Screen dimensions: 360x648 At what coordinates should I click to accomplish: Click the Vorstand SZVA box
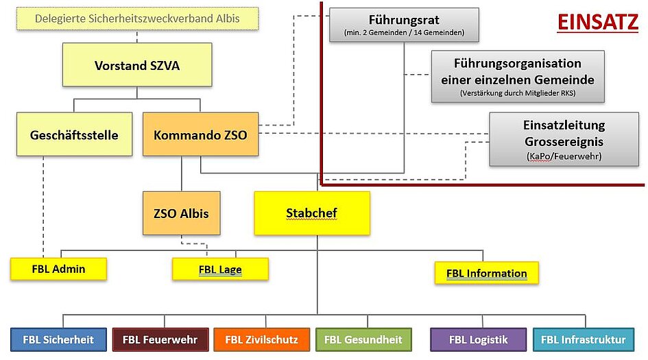137,65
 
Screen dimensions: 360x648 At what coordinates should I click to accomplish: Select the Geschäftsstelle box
74,134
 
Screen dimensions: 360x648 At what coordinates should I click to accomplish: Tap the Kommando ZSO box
200,134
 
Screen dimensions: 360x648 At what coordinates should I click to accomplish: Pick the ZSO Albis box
181,213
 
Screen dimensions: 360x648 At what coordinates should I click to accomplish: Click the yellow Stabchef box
311,213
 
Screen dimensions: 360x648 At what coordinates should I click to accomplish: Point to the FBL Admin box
58,269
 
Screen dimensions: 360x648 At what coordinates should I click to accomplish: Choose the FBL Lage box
220,269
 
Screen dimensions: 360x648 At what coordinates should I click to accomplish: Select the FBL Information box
486,273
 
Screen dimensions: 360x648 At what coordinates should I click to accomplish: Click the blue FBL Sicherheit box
58,339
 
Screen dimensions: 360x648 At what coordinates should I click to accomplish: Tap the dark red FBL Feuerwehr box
160,339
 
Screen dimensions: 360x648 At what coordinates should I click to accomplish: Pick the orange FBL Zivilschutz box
261,339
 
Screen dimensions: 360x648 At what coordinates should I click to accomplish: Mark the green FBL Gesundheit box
363,339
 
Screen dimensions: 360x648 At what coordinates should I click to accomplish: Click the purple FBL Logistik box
477,339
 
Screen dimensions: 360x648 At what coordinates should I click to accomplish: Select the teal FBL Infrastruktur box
583,339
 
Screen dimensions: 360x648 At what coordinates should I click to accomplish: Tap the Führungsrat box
404,25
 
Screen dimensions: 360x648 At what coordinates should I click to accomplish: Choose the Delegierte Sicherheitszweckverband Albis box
137,19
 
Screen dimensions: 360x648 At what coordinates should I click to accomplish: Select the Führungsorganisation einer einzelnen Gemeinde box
518,76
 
